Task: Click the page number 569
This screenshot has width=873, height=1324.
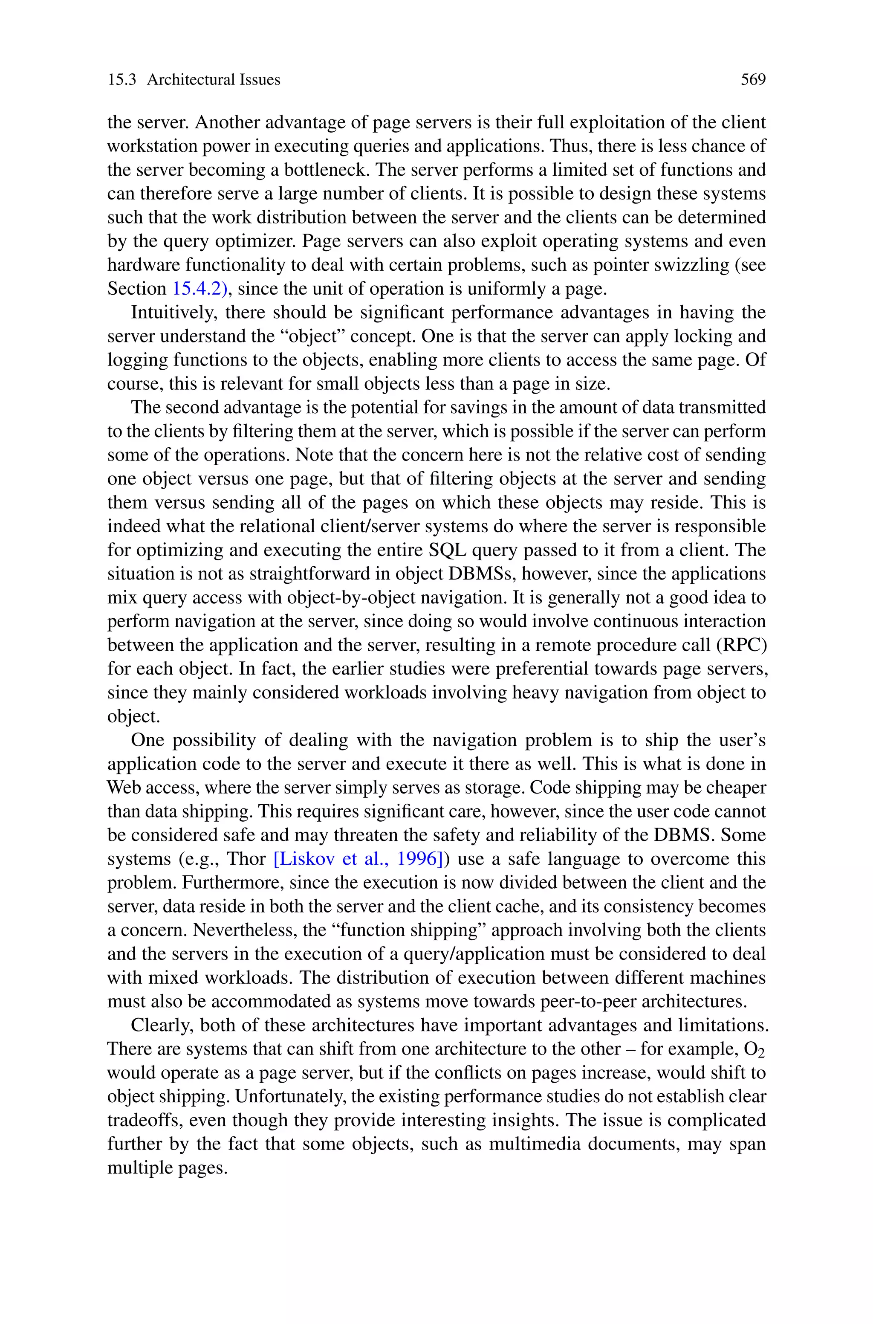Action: point(753,80)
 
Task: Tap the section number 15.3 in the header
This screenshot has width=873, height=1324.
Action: point(121,80)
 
